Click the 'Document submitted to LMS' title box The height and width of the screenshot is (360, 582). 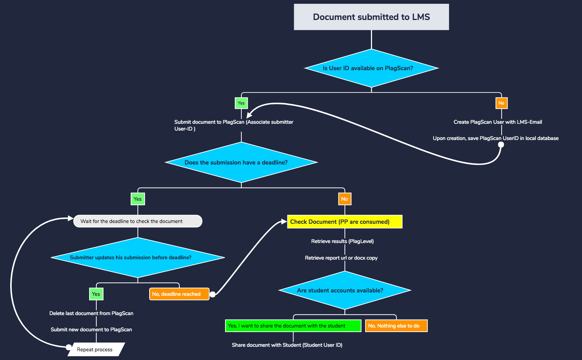(371, 17)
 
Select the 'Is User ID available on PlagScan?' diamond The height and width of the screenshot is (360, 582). (371, 68)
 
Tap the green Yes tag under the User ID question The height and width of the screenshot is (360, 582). (241, 103)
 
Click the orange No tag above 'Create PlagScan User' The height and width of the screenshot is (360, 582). (501, 103)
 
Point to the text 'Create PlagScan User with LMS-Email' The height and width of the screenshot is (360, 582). (497, 122)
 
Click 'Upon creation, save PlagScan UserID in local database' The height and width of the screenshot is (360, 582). (495, 138)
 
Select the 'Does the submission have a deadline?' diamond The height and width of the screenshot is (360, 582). (241, 163)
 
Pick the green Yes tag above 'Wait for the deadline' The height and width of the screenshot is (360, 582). (137, 199)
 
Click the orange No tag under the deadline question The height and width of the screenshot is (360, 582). (344, 199)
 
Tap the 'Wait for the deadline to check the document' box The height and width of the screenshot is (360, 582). (137, 221)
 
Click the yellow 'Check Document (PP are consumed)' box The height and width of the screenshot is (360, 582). (344, 222)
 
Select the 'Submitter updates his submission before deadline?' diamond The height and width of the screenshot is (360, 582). (137, 258)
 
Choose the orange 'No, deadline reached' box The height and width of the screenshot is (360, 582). (179, 294)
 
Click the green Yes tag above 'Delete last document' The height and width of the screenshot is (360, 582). (96, 294)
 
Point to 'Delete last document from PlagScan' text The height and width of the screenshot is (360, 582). (91, 313)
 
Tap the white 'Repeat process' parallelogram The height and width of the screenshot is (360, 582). (96, 349)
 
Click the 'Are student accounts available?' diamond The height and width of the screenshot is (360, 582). (344, 291)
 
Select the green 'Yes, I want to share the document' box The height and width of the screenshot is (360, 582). (293, 326)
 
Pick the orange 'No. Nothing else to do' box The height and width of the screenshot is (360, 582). (396, 326)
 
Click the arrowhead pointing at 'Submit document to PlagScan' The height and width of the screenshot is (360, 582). (250, 114)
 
